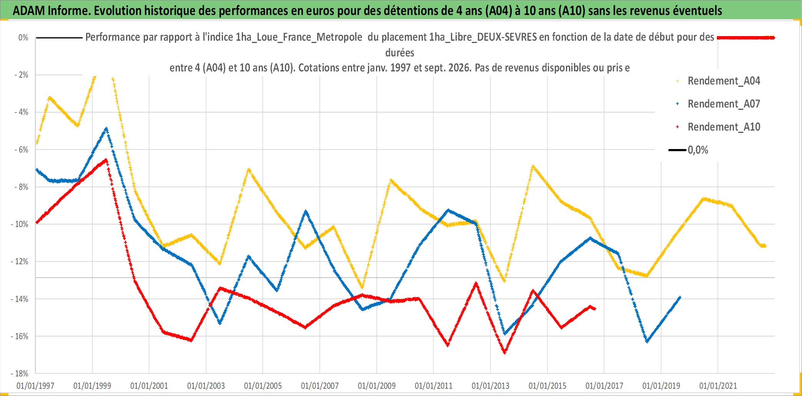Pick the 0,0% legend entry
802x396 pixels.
click(689, 150)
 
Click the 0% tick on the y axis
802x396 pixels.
click(23, 38)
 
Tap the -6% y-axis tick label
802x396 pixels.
click(22, 149)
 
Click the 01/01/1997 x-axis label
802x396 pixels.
click(35, 386)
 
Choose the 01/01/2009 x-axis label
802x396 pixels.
click(377, 386)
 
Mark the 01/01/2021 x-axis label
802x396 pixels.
click(718, 386)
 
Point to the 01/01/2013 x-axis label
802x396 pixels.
click(491, 386)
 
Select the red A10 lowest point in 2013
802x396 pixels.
click(504, 352)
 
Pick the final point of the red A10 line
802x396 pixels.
click(595, 308)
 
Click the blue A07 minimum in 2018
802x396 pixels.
click(647, 341)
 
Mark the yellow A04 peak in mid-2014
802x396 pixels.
click(533, 166)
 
